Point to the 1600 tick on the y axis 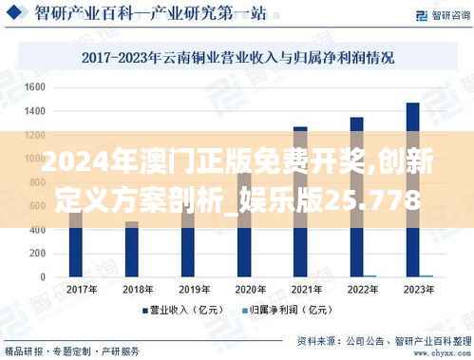[35, 86]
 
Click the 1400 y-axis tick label [35, 110]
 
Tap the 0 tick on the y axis [43, 276]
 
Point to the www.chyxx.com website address [431, 351]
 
